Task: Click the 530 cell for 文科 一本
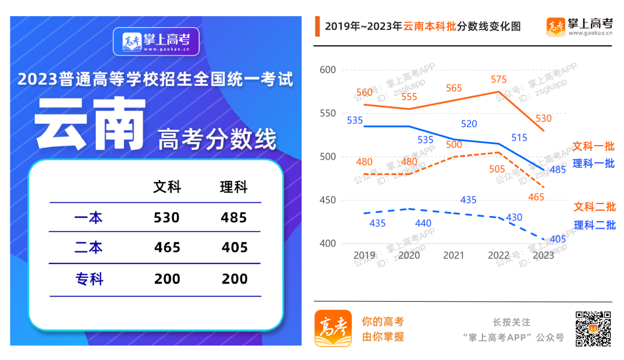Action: [x=167, y=218]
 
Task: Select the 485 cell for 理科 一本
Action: [x=234, y=218]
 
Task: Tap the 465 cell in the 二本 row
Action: [x=167, y=248]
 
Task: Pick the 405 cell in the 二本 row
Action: [x=234, y=248]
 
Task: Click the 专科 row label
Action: [x=90, y=279]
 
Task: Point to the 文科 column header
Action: [x=167, y=187]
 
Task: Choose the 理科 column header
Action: [x=234, y=187]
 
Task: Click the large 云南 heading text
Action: [x=90, y=124]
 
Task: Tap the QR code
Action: [x=593, y=328]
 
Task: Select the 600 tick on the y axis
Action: [x=328, y=70]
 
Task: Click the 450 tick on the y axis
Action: [x=328, y=201]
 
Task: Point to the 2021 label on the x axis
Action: [x=454, y=255]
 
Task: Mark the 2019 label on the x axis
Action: [x=365, y=255]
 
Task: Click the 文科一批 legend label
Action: [x=593, y=146]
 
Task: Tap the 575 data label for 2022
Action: [x=498, y=80]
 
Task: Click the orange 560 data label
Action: [x=365, y=93]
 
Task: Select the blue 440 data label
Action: [x=409, y=223]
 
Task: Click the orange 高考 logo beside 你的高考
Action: [x=333, y=328]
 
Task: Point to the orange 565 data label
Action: [x=454, y=88]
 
